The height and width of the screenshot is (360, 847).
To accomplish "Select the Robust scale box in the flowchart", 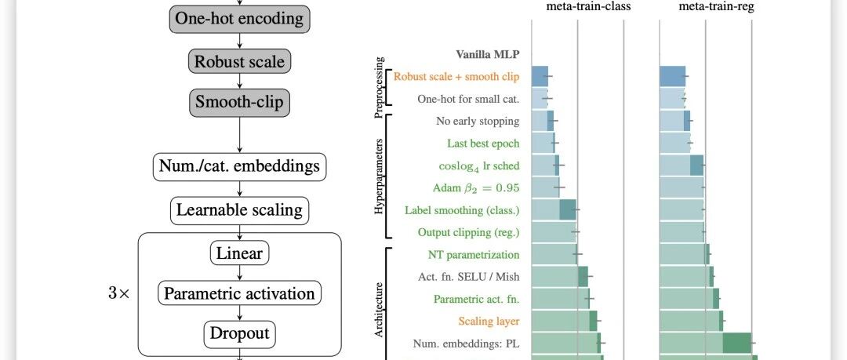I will point(239,61).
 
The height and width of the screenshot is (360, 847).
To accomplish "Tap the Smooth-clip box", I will point(239,101).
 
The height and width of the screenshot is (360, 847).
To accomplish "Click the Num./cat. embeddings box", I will point(239,166).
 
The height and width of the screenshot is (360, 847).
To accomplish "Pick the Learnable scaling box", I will point(239,210).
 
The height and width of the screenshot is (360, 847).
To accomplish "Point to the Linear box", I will point(239,253).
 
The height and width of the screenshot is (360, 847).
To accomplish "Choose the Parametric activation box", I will point(239,294).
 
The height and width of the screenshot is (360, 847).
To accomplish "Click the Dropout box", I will point(239,334).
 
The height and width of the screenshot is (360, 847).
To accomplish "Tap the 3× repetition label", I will point(124,294).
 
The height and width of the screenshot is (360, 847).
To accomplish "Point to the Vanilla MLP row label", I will point(488,55).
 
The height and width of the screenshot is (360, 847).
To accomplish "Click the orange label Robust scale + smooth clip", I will point(456,77).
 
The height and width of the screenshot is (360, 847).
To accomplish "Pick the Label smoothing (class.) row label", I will point(462,210).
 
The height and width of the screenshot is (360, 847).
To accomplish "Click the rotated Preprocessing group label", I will point(380,87).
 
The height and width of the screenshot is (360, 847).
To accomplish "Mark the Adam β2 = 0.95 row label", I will point(476,188).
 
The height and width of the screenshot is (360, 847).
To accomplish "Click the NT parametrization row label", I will point(474,255).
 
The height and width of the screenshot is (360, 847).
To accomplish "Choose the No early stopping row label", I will point(478,122).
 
